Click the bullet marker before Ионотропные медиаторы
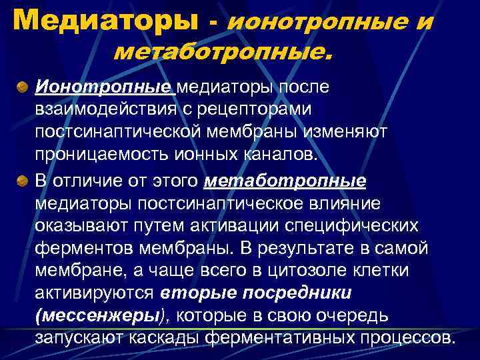(x=23, y=88)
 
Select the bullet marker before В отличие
(x=23, y=181)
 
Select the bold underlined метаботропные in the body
(x=287, y=181)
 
